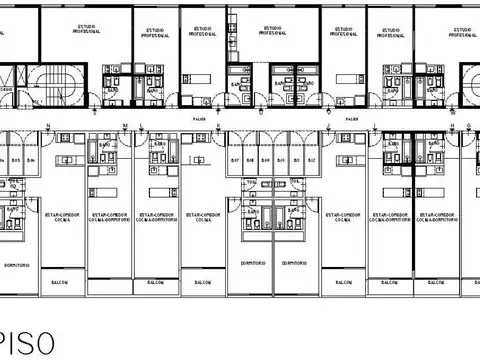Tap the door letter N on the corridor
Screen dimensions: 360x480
pos(48,126)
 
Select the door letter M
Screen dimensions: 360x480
pos(126,126)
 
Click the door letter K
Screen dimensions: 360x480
pos(219,126)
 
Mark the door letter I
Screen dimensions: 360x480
pos(375,126)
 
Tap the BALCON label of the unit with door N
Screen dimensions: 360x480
pos(60,283)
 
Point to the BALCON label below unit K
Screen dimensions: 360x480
pos(199,283)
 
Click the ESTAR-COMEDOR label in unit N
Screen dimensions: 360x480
pos(60,214)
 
